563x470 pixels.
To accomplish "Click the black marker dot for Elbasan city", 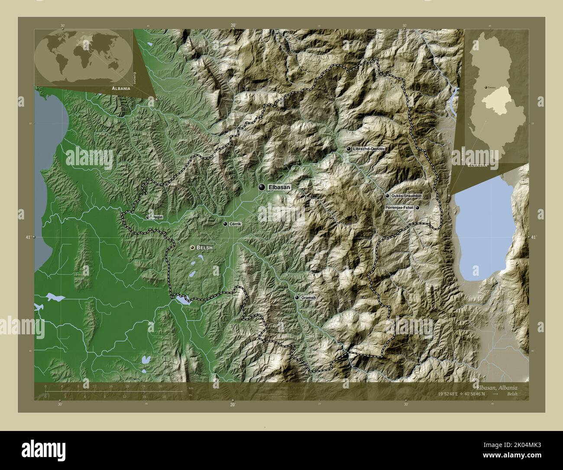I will click(261, 187).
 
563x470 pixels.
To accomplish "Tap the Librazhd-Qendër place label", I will click(369, 149).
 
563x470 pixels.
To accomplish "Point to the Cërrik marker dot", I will click(225, 224).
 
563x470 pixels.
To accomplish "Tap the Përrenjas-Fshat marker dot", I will click(417, 208).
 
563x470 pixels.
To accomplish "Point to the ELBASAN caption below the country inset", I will click(477, 165).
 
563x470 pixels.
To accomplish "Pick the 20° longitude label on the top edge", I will click(233, 26).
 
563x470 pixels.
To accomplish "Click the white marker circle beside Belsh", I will click(192, 248).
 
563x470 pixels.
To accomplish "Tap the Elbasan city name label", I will click(279, 187).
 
